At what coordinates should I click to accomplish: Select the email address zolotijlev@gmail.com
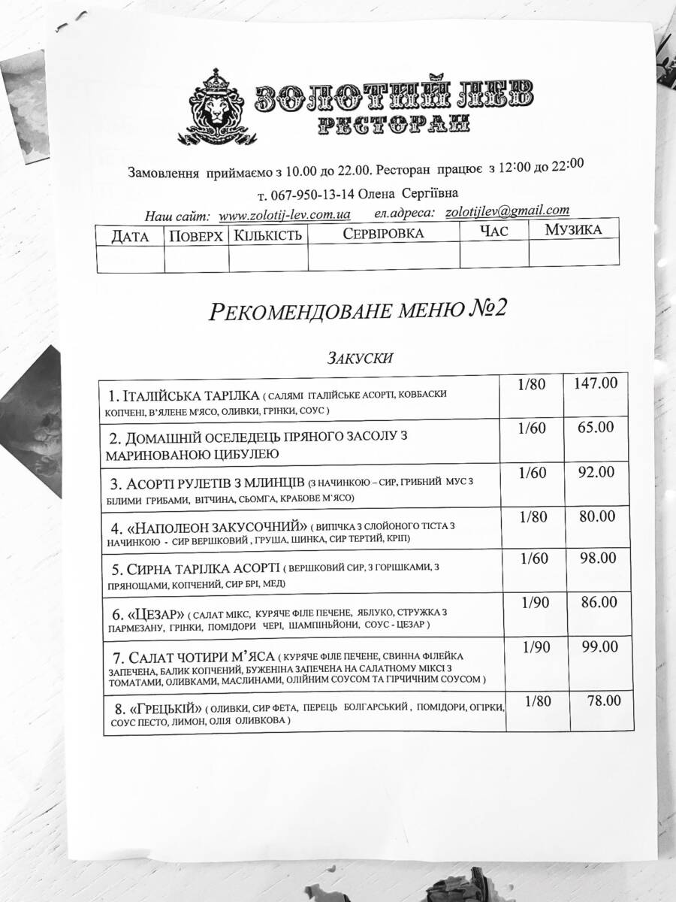(507, 211)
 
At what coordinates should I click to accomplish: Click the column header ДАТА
(129, 236)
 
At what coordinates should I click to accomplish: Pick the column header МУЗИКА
(573, 229)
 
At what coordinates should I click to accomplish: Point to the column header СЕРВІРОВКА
(383, 233)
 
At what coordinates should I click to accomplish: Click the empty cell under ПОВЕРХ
(196, 259)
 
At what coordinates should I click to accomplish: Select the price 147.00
(596, 383)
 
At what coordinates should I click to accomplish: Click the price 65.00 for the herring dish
(596, 427)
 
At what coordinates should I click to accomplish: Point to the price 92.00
(596, 472)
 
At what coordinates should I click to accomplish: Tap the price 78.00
(603, 701)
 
